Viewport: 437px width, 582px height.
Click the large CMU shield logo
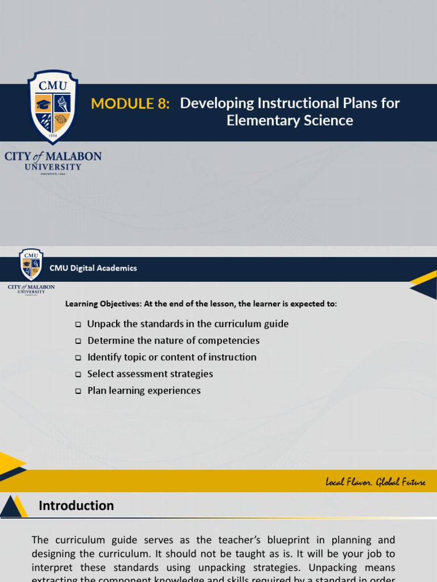53,106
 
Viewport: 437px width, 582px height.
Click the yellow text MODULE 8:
130,103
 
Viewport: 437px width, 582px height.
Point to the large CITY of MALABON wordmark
53,156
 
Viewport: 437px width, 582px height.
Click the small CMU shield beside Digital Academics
31,264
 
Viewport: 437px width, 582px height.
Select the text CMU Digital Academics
93,268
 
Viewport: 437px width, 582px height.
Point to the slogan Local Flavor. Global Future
375,483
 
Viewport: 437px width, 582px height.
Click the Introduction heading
76,505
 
